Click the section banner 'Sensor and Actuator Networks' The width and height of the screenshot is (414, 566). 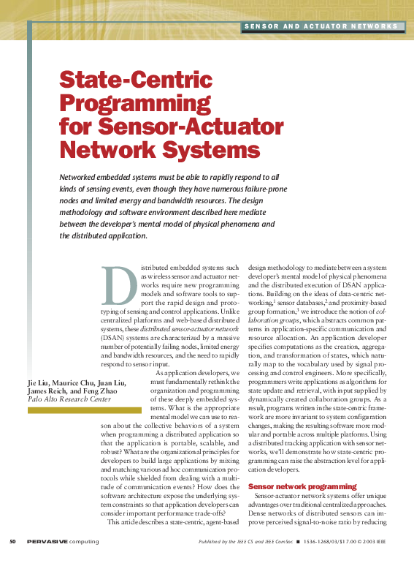(321, 27)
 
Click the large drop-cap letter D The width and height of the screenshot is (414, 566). (120, 286)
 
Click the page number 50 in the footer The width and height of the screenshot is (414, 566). (12, 542)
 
